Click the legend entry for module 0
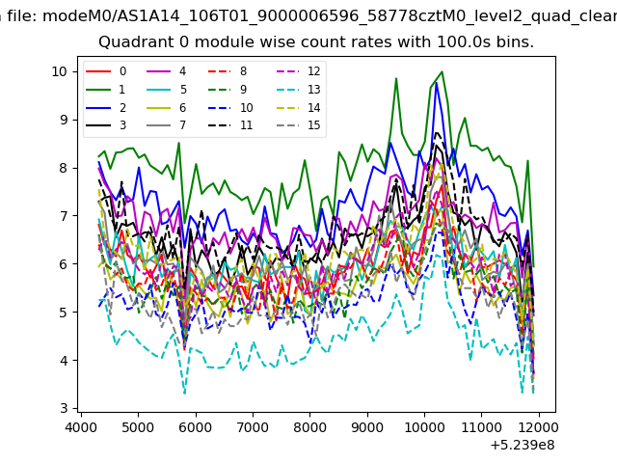(x=106, y=71)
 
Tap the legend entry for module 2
(x=106, y=107)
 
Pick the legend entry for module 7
(x=167, y=125)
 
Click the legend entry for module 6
(x=167, y=107)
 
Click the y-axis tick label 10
(x=60, y=71)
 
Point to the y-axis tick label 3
(x=64, y=408)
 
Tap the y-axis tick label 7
(x=64, y=216)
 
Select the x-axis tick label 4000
(x=81, y=427)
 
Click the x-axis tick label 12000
(x=539, y=427)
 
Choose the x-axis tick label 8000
(x=310, y=427)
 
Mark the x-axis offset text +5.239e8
(x=523, y=446)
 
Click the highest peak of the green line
(x=442, y=71)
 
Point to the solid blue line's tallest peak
(x=436, y=83)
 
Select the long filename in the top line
(x=330, y=16)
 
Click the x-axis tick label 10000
(x=424, y=427)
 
